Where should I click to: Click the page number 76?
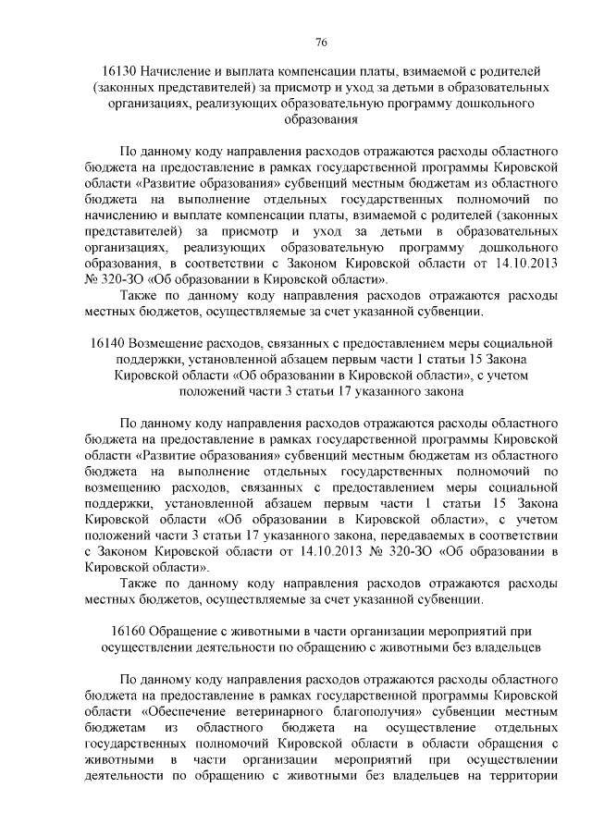pos(321,43)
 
